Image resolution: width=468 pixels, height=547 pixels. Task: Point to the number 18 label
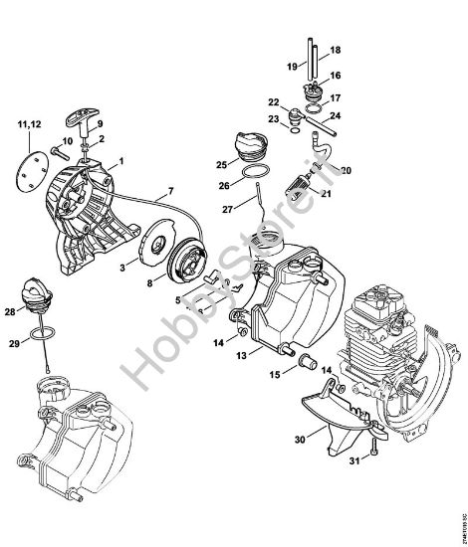335,49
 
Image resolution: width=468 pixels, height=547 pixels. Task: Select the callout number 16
335,76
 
